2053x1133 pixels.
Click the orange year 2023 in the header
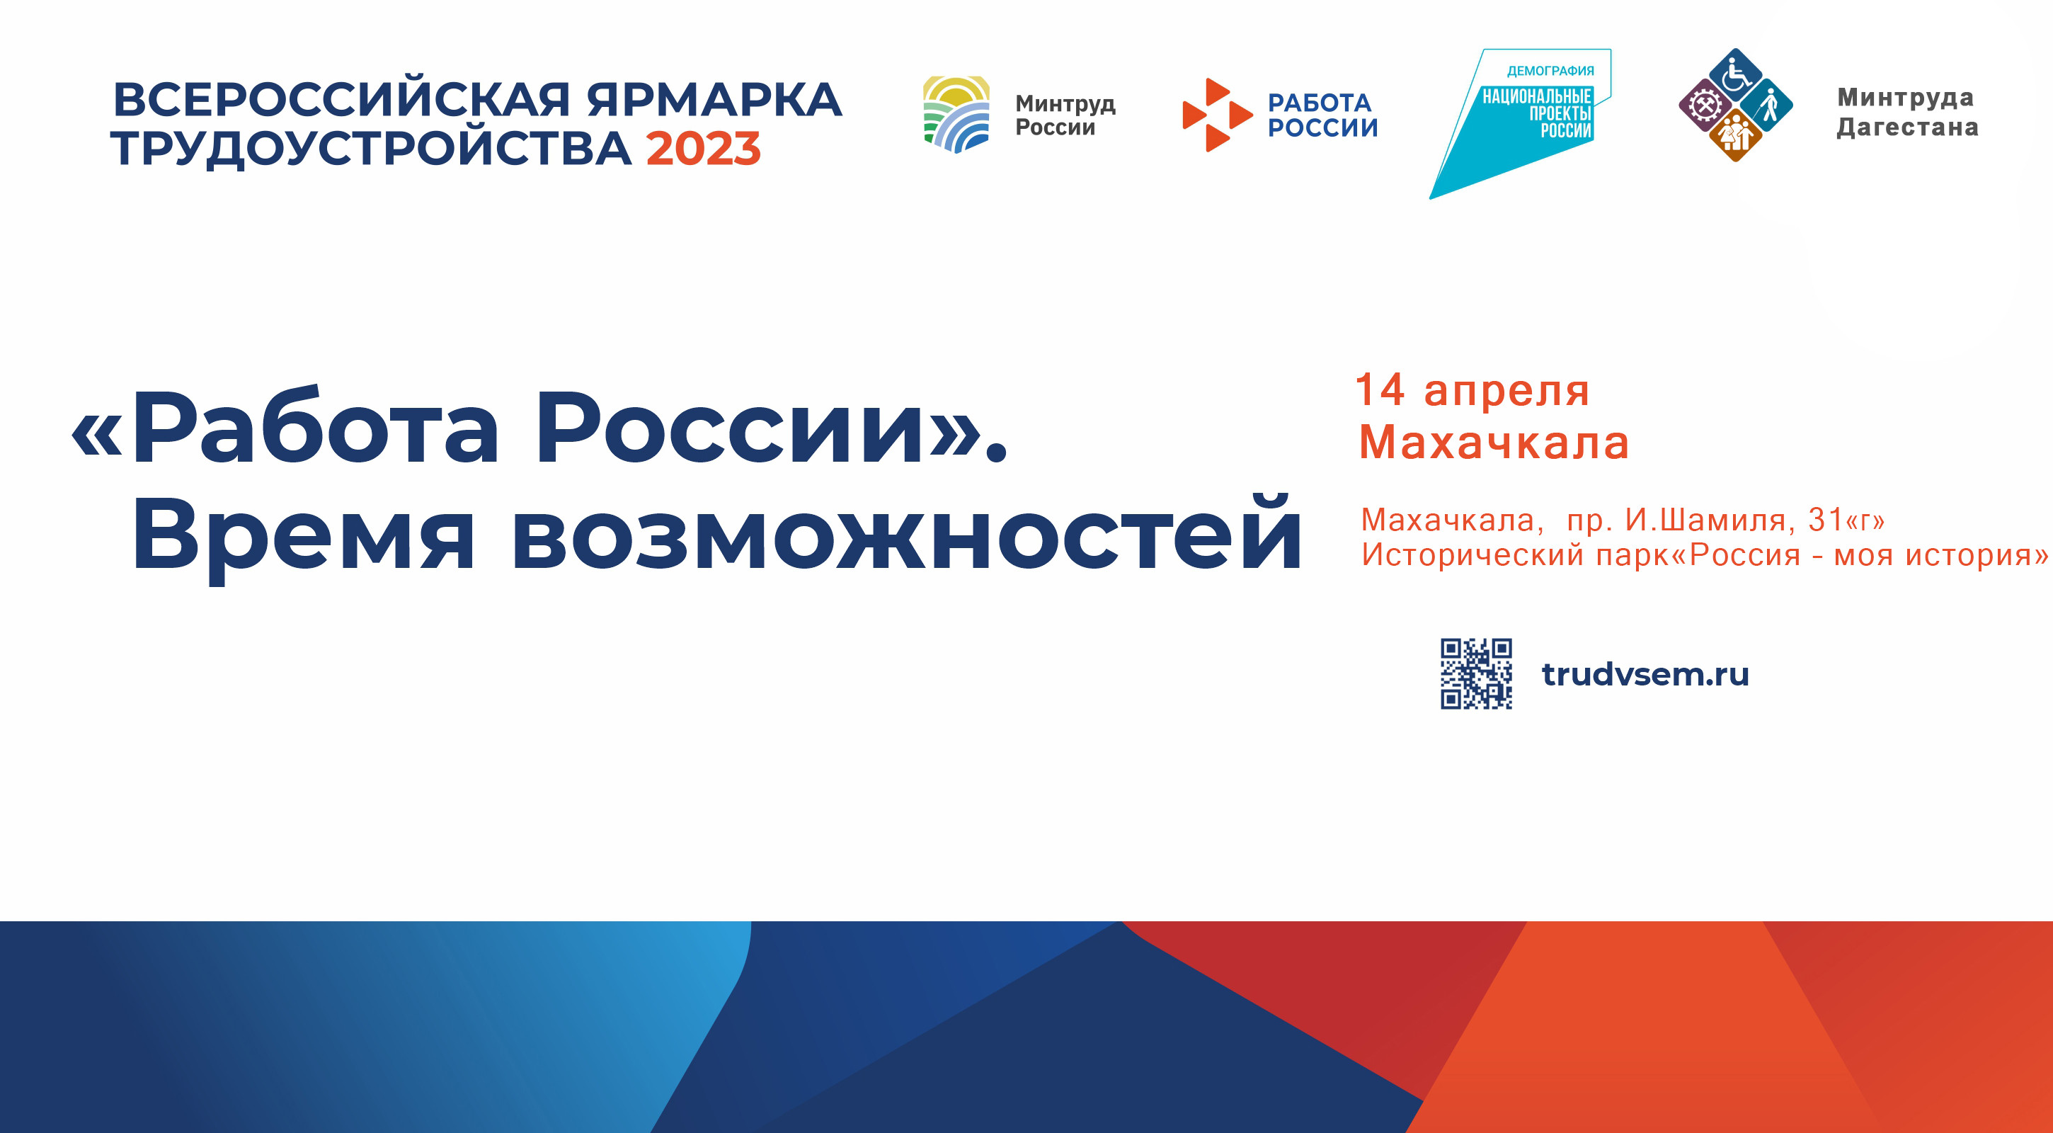click(703, 149)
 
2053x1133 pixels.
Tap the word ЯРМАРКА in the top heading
click(714, 100)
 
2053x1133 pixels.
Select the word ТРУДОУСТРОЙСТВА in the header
click(372, 149)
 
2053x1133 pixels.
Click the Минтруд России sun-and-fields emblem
click(956, 114)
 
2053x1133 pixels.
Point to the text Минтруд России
click(1065, 115)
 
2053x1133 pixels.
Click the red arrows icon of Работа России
click(1216, 115)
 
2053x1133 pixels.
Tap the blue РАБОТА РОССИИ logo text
click(1322, 115)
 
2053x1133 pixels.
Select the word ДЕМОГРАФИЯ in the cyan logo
click(1550, 71)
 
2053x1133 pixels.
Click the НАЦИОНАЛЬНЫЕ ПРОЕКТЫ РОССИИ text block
click(1538, 113)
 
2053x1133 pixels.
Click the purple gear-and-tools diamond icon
click(1705, 106)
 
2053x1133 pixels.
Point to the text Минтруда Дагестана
click(1907, 113)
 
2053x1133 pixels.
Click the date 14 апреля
click(1472, 391)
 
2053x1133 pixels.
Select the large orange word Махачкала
click(1494, 443)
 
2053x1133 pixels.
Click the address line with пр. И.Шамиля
click(1623, 520)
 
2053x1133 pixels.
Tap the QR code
click(1476, 673)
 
